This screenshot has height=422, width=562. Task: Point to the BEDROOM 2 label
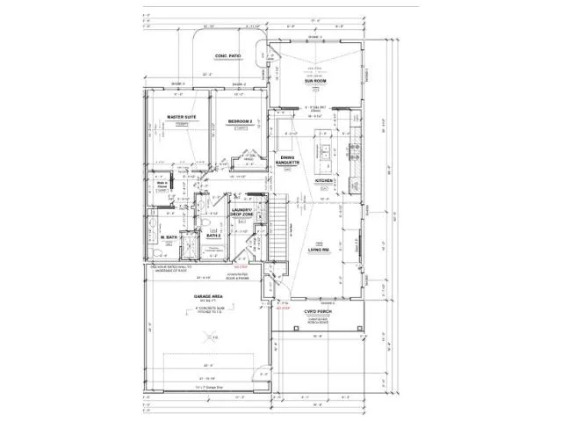[241, 120]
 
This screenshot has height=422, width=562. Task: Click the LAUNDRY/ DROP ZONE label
[242, 212]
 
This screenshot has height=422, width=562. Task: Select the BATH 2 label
[213, 236]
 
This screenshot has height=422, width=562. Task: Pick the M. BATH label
[169, 238]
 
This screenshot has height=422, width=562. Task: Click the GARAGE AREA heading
[206, 298]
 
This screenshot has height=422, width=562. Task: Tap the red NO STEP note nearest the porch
[283, 309]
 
